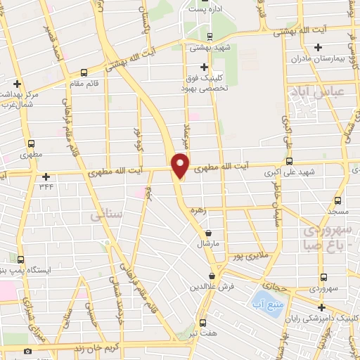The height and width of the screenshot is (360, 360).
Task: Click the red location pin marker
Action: [181, 165]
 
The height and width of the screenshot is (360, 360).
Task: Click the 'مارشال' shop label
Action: [209, 244]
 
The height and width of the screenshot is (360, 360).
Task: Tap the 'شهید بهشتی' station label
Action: [209, 49]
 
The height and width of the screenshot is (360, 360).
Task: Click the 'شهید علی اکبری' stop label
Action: [268, 172]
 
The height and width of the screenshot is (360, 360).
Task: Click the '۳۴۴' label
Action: [46, 186]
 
